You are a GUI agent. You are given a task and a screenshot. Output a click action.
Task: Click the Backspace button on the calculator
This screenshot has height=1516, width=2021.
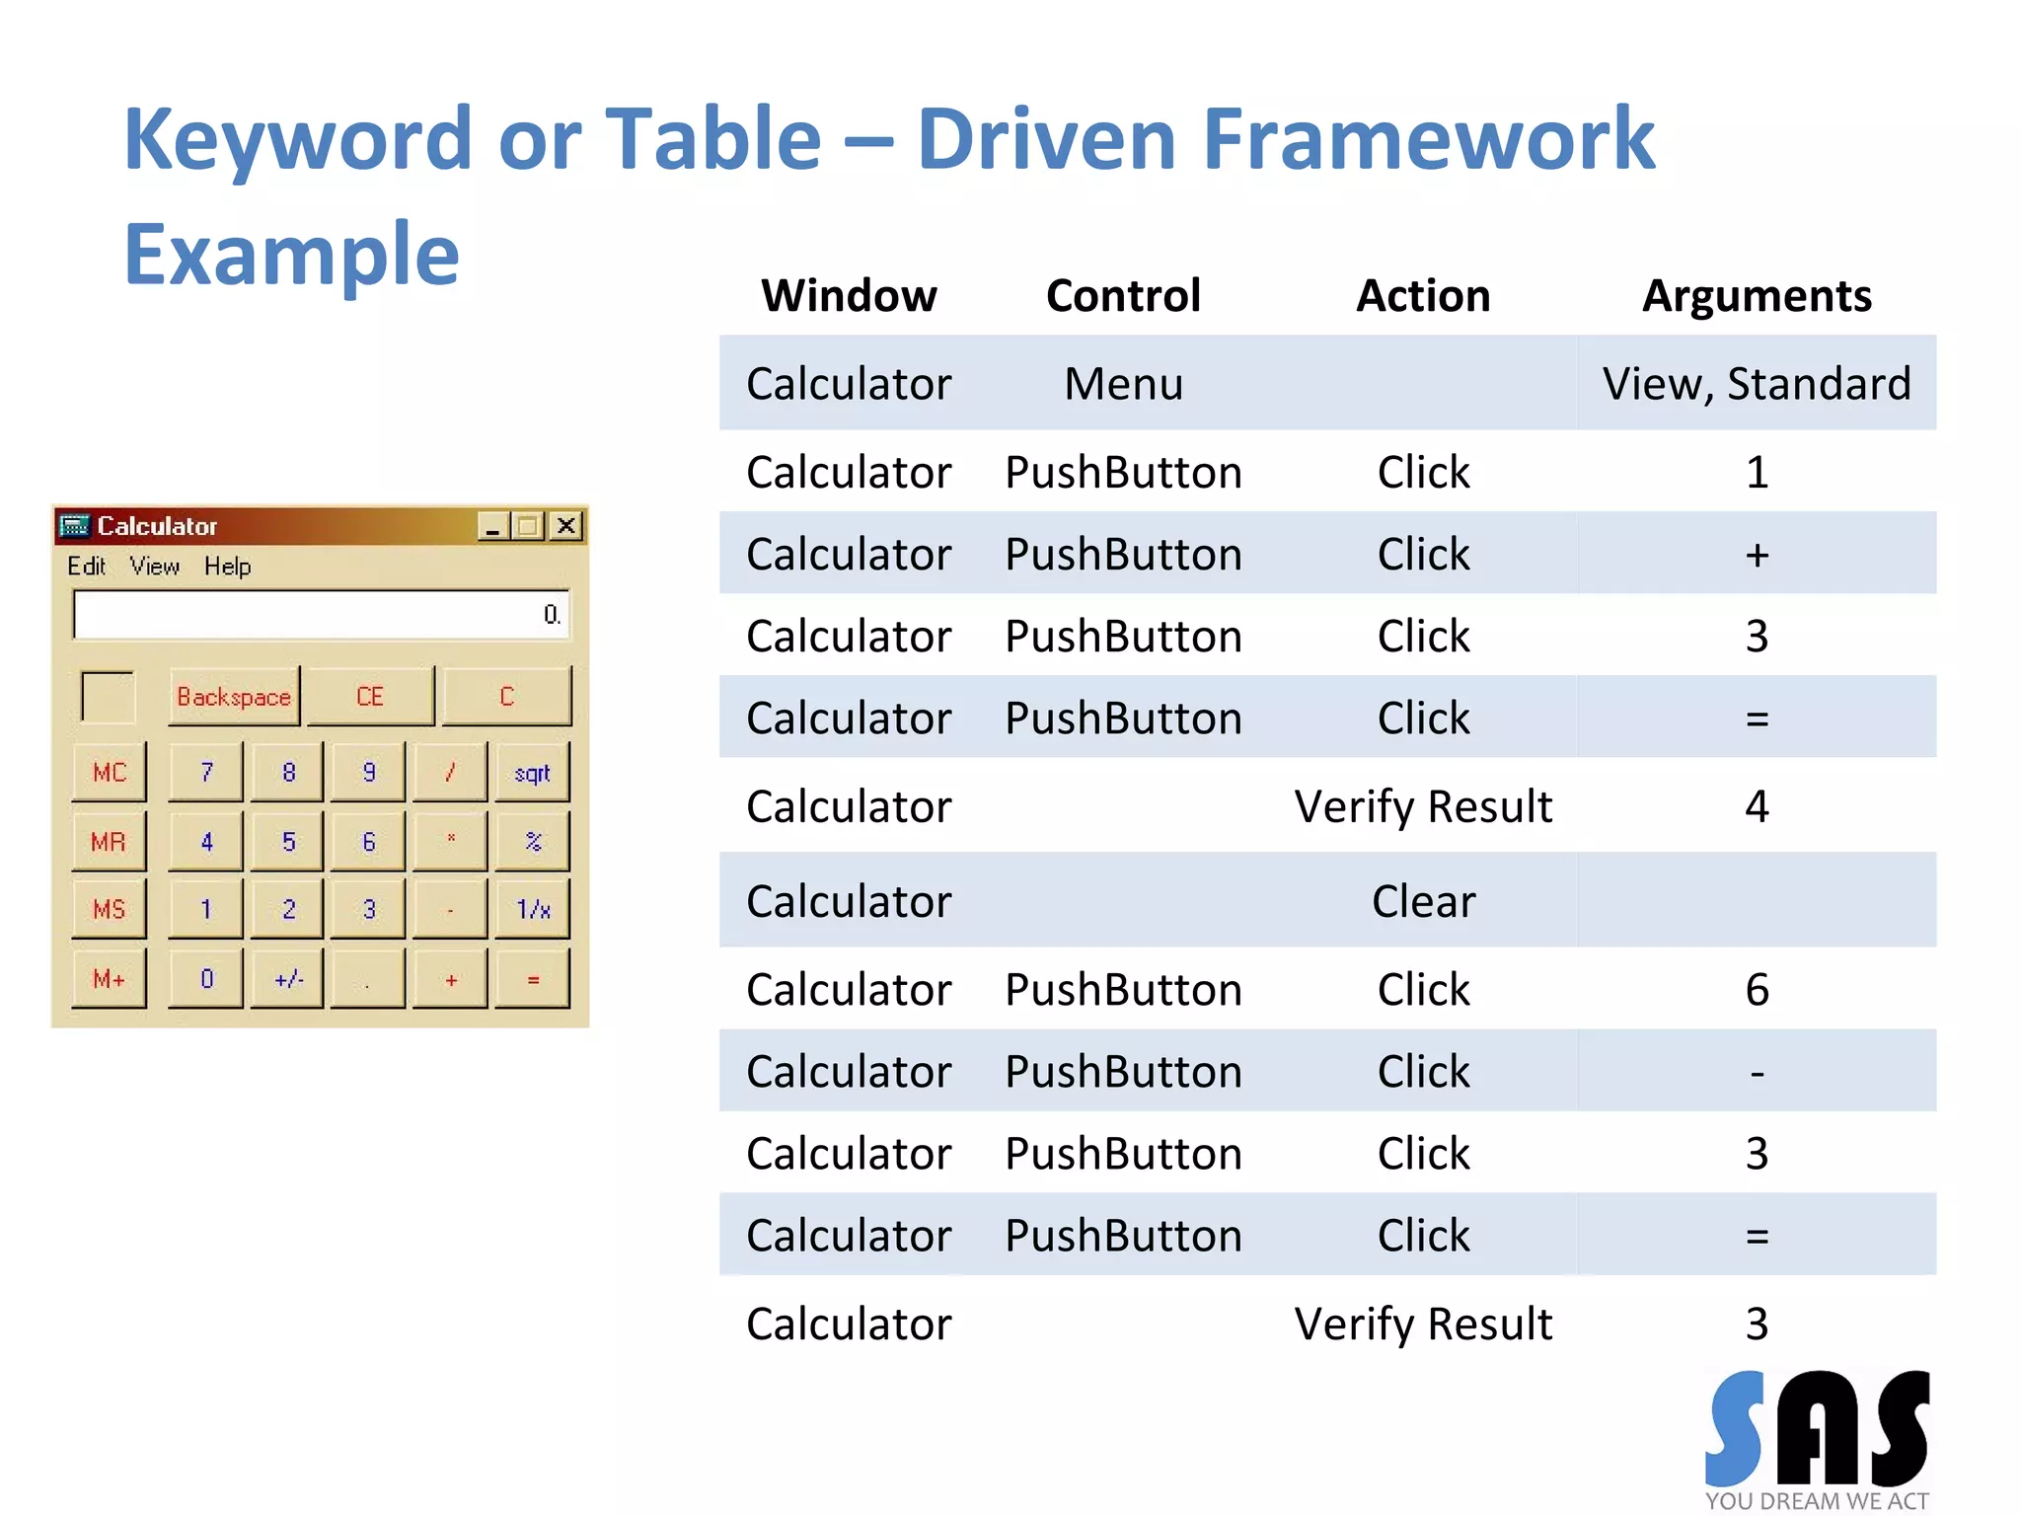point(234,697)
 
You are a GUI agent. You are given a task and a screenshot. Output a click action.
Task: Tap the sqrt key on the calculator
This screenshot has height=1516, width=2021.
point(532,773)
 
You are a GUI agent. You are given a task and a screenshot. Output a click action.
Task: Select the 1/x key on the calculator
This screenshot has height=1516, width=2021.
point(533,909)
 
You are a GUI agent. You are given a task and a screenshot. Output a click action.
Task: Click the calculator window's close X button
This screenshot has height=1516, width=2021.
point(566,526)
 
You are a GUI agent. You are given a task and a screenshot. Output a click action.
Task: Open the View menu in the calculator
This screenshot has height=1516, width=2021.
point(155,567)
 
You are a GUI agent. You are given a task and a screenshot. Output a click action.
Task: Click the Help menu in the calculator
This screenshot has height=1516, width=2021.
point(227,567)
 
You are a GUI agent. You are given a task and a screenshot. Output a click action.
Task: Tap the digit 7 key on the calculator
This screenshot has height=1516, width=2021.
point(206,773)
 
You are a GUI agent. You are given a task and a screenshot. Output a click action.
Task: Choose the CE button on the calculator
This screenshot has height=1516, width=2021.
point(370,697)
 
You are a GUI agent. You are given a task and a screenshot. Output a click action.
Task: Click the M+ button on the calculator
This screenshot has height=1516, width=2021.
point(109,979)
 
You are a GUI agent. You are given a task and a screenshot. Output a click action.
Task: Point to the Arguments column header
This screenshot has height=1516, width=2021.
point(1757,296)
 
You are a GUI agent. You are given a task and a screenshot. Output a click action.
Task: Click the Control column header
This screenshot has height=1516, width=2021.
point(1123,296)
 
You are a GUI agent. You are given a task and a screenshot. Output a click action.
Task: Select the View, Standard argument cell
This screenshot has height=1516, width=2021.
point(1757,384)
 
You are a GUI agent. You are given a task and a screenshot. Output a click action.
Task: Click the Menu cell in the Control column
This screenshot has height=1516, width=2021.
point(1123,384)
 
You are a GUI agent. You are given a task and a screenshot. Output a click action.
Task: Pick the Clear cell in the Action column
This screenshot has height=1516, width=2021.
point(1423,901)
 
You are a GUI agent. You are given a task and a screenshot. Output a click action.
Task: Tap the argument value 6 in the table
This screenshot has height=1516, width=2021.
point(1757,990)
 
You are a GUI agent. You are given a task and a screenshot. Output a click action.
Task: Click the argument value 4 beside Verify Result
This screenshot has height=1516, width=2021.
point(1757,807)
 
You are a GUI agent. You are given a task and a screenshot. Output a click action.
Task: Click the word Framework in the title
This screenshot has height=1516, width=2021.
point(1428,139)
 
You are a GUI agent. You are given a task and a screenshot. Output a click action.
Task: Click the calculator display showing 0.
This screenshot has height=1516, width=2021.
point(321,615)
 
